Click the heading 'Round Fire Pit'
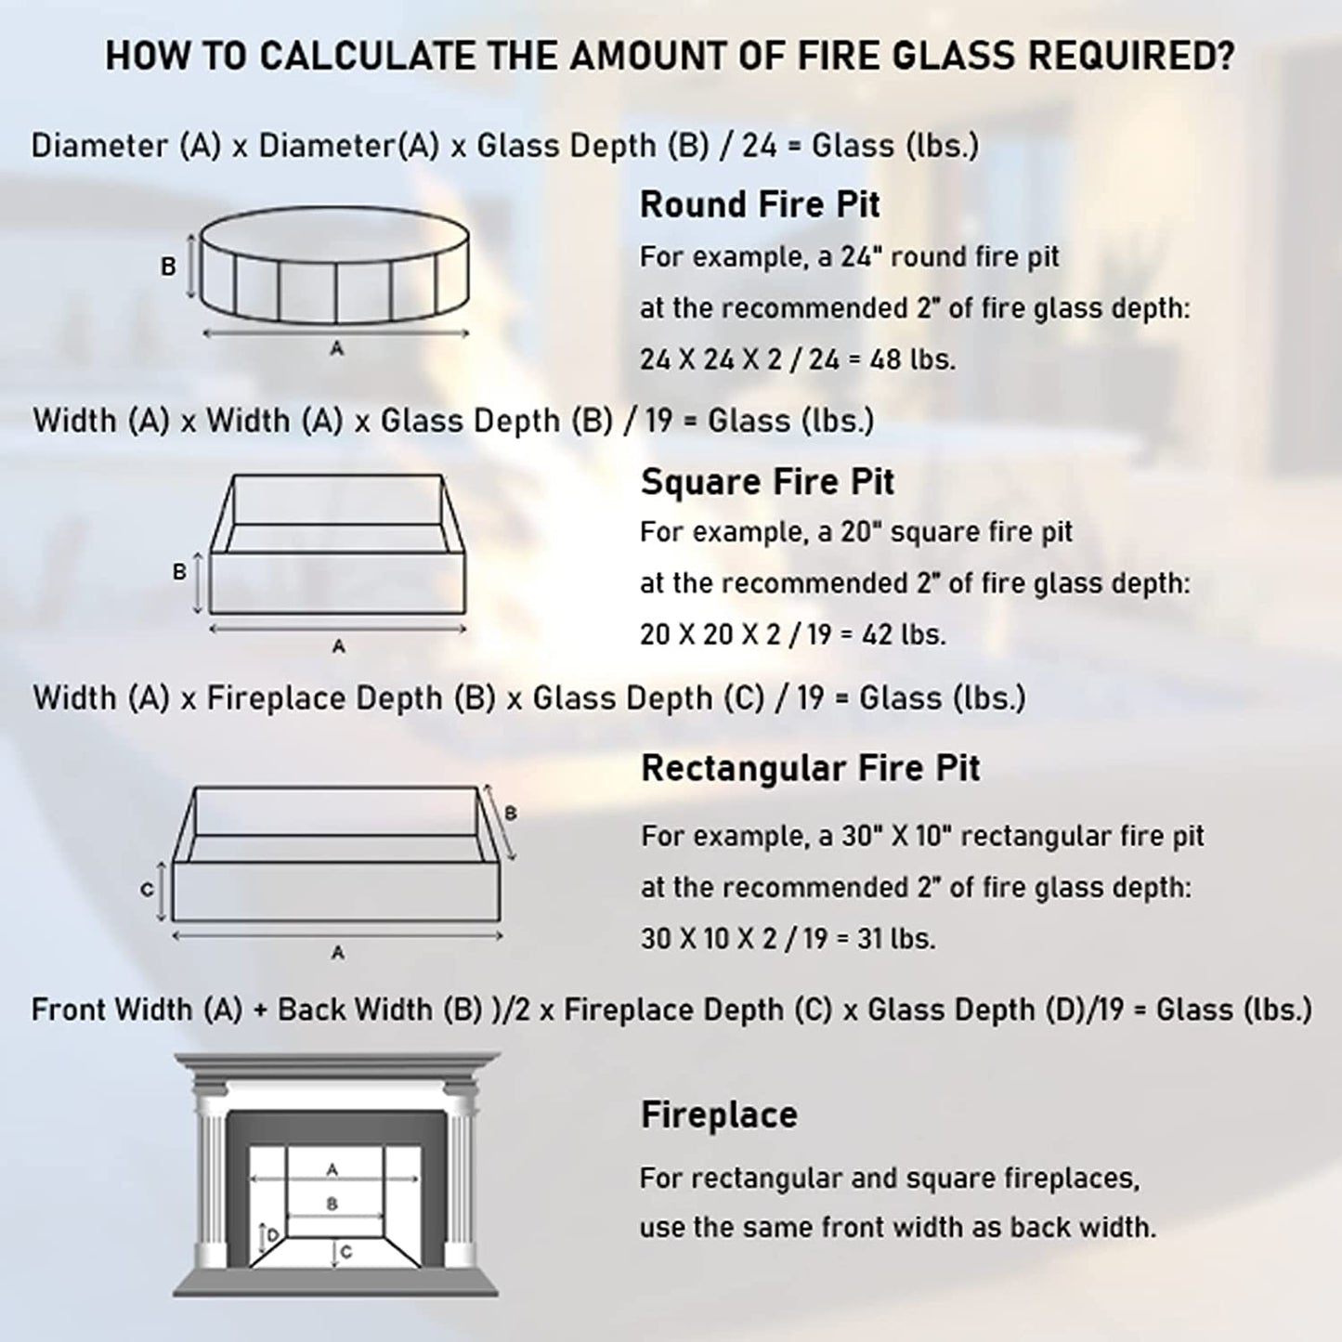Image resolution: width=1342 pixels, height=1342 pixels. (x=760, y=205)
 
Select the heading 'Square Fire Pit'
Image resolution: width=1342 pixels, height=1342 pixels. (x=767, y=482)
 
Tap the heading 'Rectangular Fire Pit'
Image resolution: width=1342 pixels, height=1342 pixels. (x=810, y=768)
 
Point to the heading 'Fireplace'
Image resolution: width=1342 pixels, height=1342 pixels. (x=719, y=1114)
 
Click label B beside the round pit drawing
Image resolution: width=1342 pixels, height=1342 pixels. (x=168, y=267)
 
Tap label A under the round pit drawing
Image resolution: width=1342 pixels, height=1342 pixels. (x=336, y=349)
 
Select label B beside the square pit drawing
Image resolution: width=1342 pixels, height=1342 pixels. (x=179, y=572)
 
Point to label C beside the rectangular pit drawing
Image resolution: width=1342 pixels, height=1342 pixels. (x=147, y=890)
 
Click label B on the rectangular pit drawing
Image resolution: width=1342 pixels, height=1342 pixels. (x=510, y=814)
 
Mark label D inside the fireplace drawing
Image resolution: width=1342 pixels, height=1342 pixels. (x=272, y=1236)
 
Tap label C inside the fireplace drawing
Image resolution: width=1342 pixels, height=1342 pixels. (x=346, y=1252)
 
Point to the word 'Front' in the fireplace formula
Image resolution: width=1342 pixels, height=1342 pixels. (x=65, y=1010)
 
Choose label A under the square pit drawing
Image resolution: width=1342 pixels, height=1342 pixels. (x=338, y=646)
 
